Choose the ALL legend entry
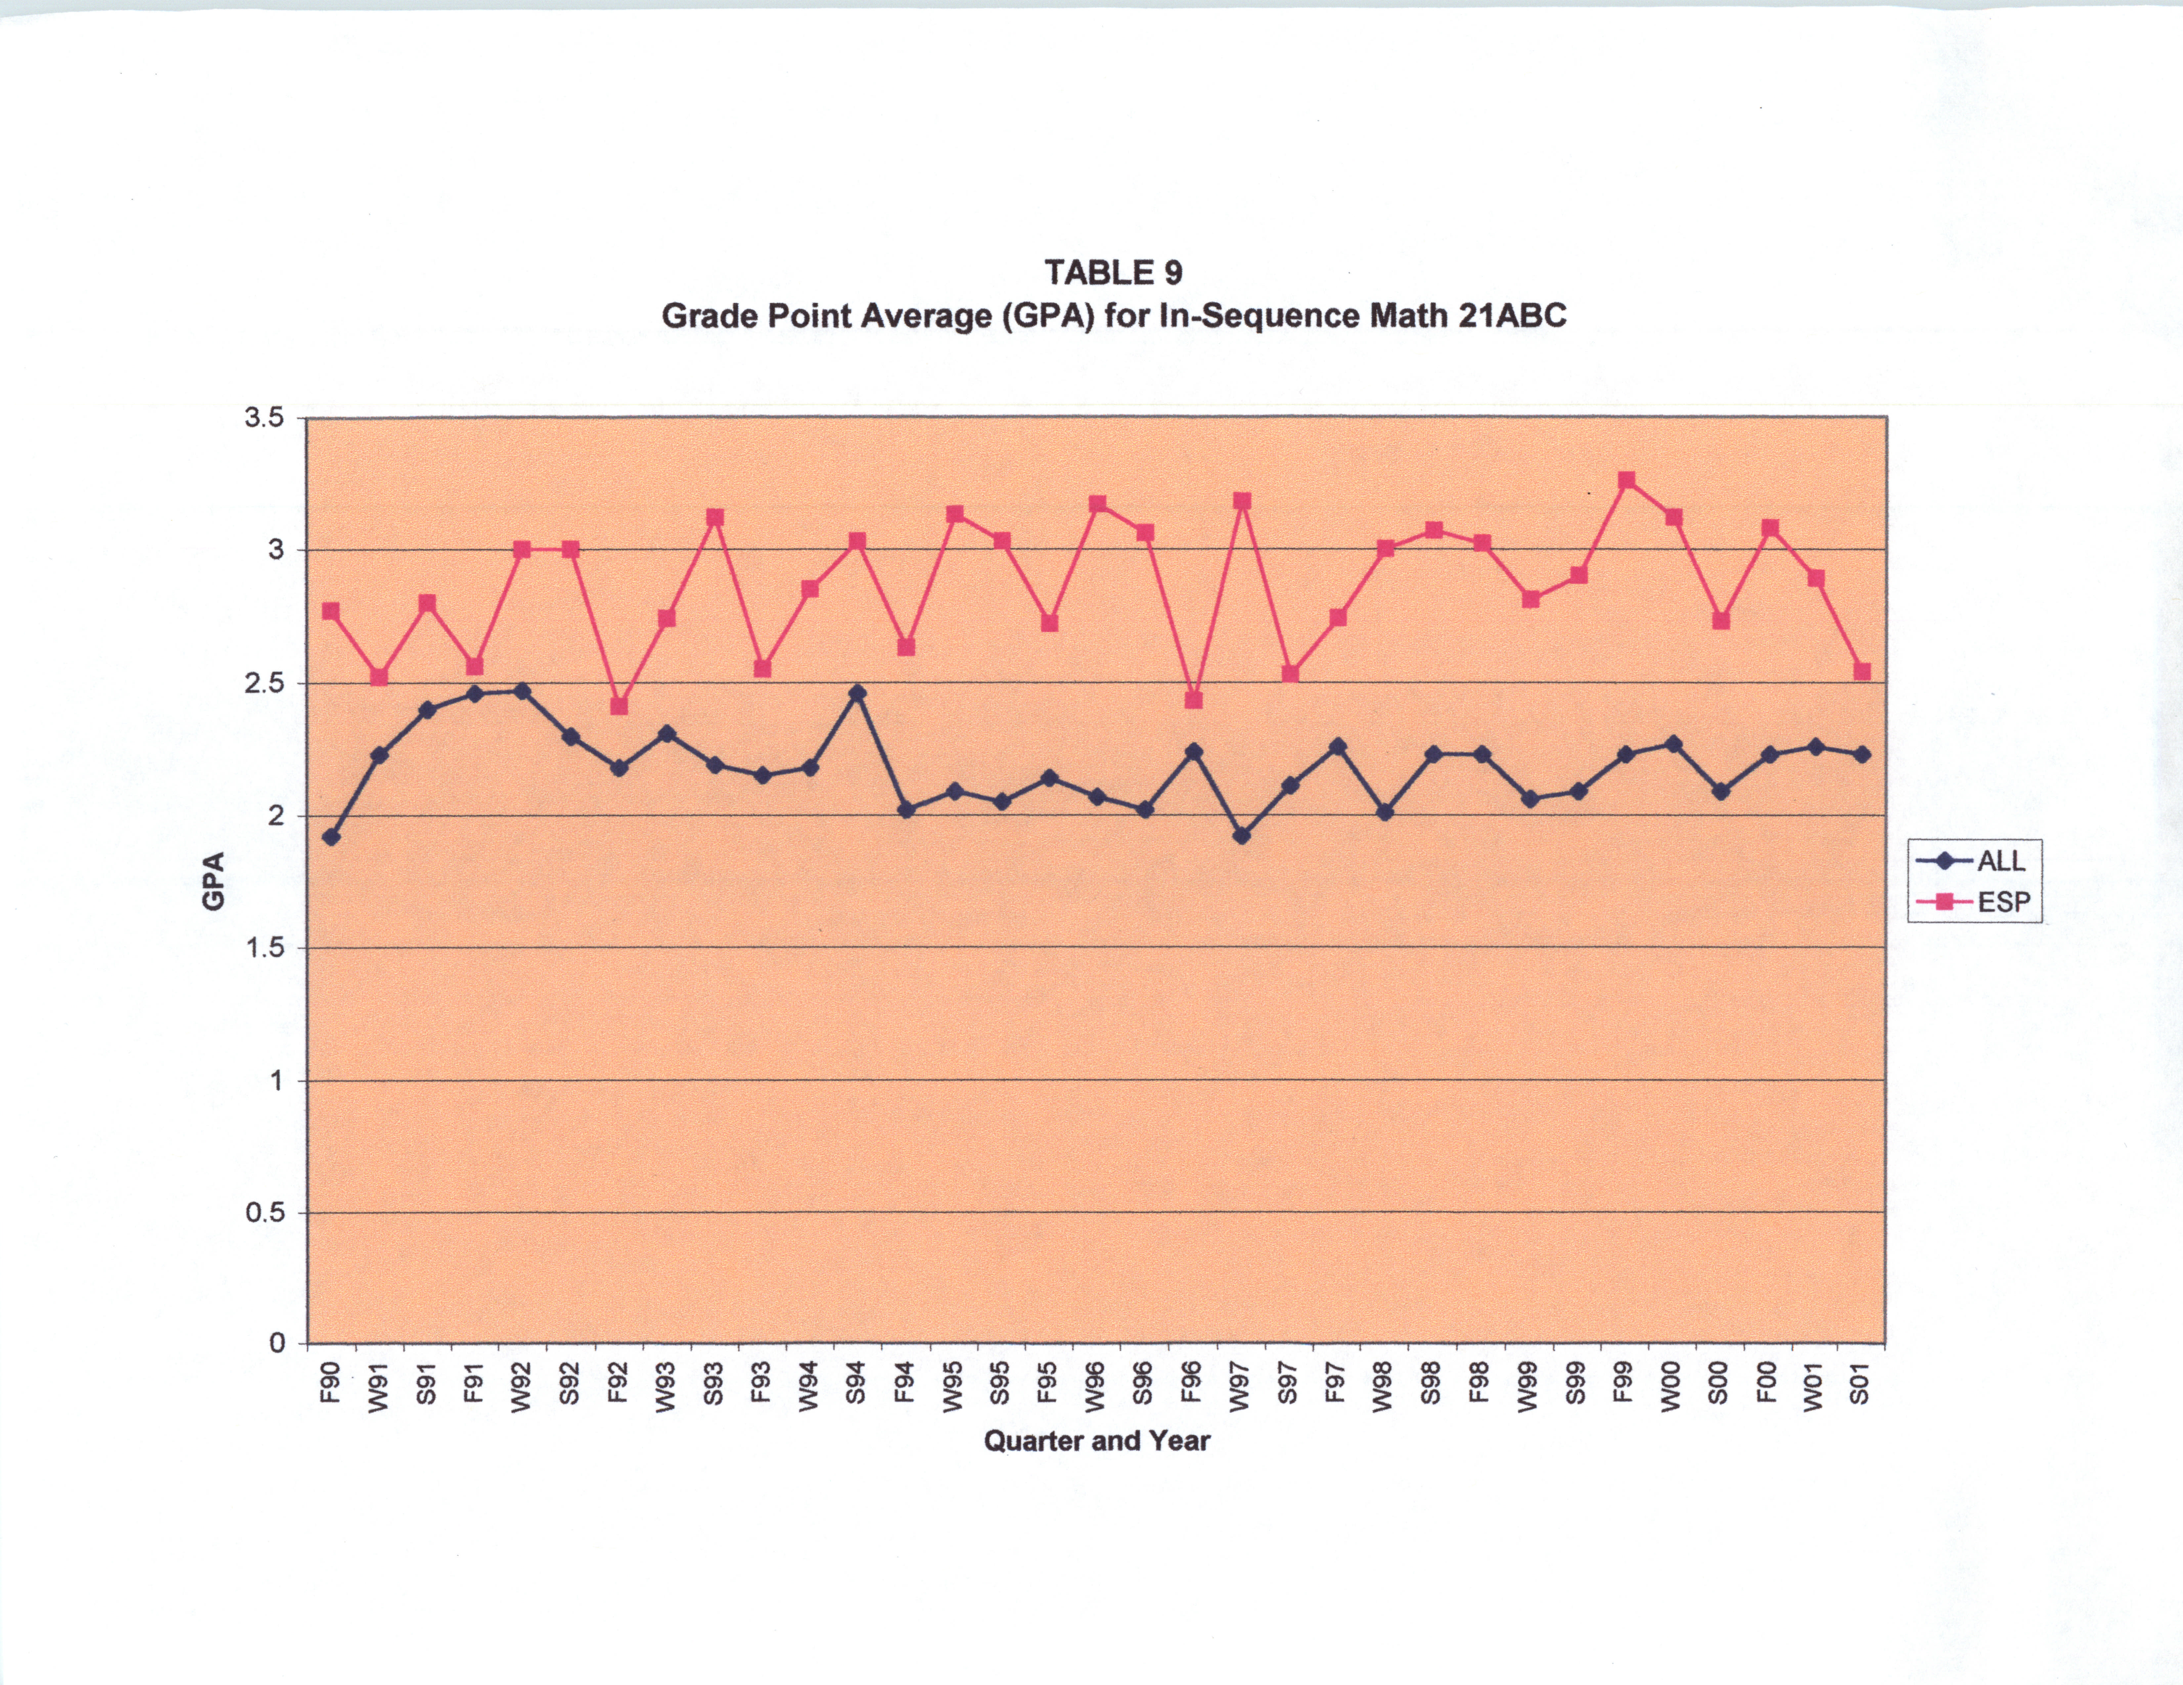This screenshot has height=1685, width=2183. coord(2000,860)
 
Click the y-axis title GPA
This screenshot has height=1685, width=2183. coord(213,881)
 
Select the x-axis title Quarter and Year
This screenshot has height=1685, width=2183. coord(1096,1440)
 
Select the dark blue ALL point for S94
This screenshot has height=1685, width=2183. coord(857,693)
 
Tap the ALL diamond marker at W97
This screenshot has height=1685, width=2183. coord(1241,836)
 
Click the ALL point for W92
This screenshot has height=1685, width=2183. coord(522,691)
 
